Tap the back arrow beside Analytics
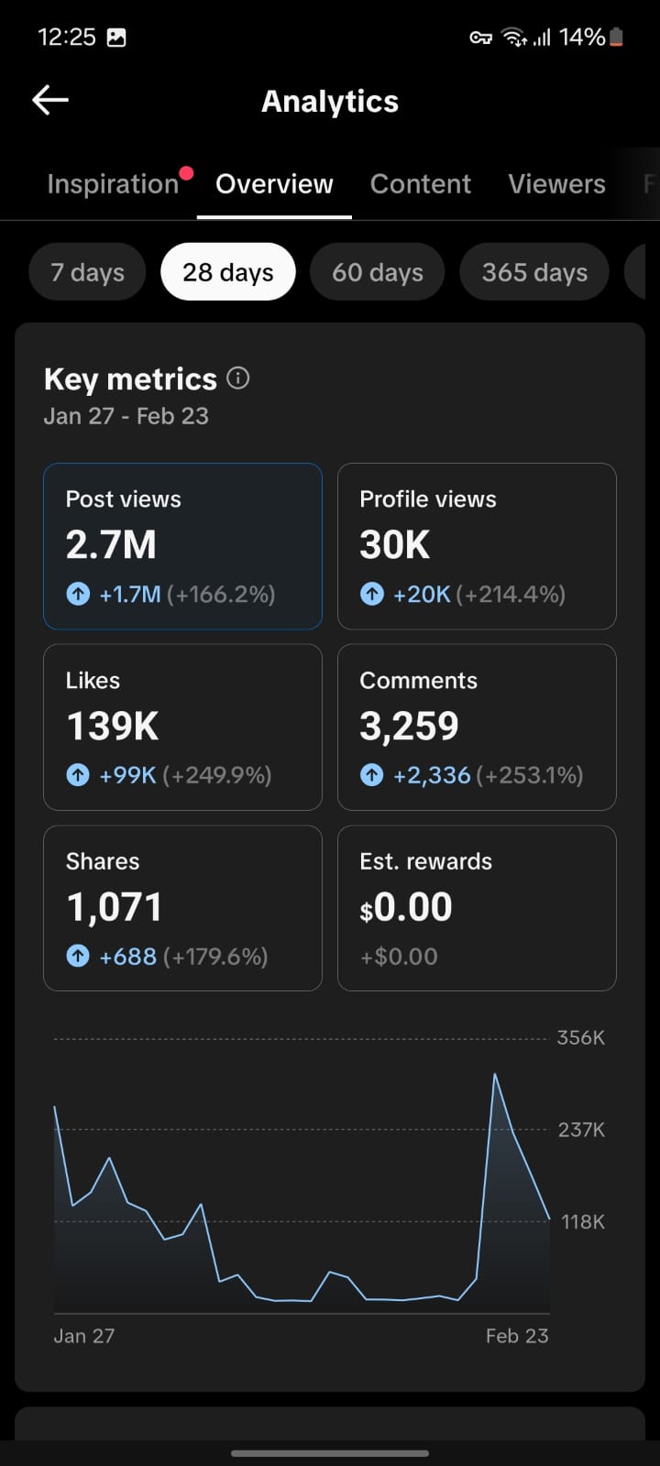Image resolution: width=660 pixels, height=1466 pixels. click(x=50, y=101)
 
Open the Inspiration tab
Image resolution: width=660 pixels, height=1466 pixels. click(x=113, y=184)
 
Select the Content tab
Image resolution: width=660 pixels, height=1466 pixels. click(x=421, y=184)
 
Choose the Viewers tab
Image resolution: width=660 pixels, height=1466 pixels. click(x=556, y=184)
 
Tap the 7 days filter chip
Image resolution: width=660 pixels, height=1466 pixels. click(x=87, y=272)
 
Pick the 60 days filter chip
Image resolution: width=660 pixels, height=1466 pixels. click(x=378, y=272)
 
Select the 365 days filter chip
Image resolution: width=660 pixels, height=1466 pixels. click(x=534, y=272)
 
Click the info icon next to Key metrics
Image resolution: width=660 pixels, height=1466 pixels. click(x=238, y=378)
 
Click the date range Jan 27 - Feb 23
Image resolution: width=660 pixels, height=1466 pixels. click(x=126, y=416)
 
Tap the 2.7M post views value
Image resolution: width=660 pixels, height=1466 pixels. click(x=111, y=545)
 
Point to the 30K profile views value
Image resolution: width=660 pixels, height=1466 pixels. click(x=395, y=545)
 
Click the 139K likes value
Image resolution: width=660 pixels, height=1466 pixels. click(x=113, y=727)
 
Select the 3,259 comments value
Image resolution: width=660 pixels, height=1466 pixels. click(x=409, y=727)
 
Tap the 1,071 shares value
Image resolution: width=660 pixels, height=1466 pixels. click(x=115, y=908)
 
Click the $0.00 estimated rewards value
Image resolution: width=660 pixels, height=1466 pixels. click(x=406, y=908)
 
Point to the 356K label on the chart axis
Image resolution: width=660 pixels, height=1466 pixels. click(x=581, y=1038)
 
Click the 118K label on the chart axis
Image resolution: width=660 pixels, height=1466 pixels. click(x=582, y=1221)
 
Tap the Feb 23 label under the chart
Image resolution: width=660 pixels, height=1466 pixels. click(x=517, y=1336)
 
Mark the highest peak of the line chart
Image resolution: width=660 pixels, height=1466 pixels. click(x=495, y=1075)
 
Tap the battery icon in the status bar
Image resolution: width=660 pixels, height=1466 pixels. click(x=616, y=38)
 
